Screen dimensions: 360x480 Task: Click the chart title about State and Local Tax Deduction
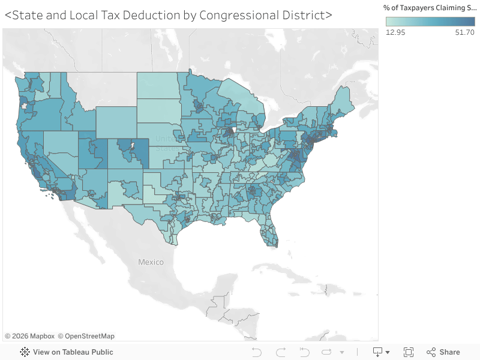point(168,15)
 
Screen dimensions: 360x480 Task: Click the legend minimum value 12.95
point(395,32)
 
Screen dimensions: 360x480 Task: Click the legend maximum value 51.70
point(464,32)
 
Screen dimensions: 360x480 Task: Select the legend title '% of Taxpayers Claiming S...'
point(430,7)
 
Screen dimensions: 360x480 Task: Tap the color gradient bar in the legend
point(430,22)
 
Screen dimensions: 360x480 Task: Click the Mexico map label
point(151,262)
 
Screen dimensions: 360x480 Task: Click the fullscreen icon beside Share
point(409,352)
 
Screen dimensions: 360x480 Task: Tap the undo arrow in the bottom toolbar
point(257,352)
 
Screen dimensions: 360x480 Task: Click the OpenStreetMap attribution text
point(86,336)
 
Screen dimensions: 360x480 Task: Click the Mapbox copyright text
point(30,336)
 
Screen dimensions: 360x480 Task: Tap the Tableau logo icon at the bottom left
point(25,352)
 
